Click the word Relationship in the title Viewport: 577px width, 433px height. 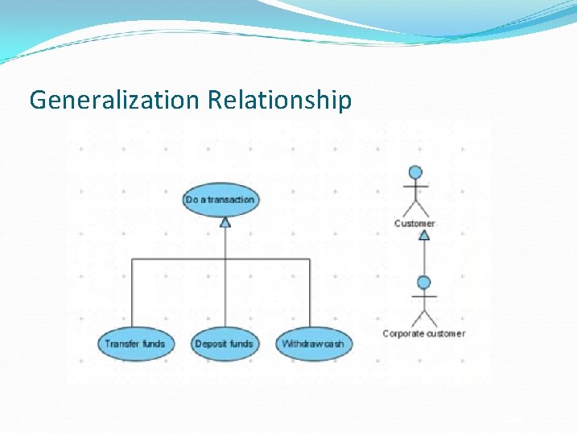coord(279,100)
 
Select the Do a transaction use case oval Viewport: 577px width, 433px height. coord(220,200)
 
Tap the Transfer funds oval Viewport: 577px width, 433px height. coord(134,344)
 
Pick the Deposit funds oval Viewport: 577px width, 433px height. coord(225,344)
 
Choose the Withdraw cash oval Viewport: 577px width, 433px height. coord(313,344)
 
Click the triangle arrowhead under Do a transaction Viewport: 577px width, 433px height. coord(225,221)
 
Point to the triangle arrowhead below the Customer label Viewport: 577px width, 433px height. coord(424,235)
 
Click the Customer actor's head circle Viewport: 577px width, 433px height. coord(415,172)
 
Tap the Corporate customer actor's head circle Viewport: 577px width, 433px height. coord(424,282)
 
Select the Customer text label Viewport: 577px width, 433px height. coord(414,223)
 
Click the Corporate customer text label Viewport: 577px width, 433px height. coord(424,333)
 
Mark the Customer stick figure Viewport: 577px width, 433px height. coord(415,193)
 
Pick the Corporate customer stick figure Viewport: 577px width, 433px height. coord(424,304)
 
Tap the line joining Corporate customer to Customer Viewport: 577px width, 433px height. coord(424,258)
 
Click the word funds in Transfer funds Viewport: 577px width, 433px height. coord(153,344)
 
